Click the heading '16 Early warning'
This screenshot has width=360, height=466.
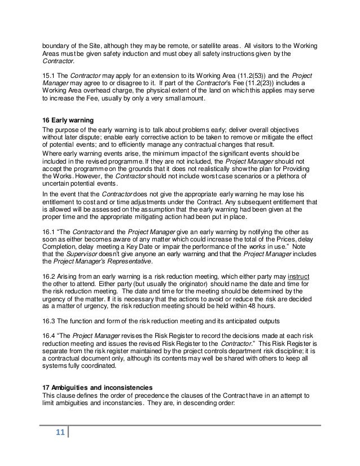69,120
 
